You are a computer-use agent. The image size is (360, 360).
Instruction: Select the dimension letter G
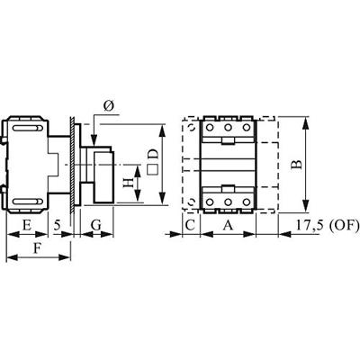(95, 222)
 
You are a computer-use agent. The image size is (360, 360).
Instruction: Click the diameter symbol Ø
(108, 107)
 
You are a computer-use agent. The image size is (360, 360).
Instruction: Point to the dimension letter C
(190, 222)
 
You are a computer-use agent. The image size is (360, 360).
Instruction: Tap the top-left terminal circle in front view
(211, 128)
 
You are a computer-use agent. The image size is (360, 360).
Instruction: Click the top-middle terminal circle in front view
(227, 128)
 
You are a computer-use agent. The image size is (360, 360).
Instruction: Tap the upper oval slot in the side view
(25, 130)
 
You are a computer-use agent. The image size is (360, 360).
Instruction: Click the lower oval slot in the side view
(25, 199)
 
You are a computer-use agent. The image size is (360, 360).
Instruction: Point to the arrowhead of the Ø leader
(94, 141)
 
